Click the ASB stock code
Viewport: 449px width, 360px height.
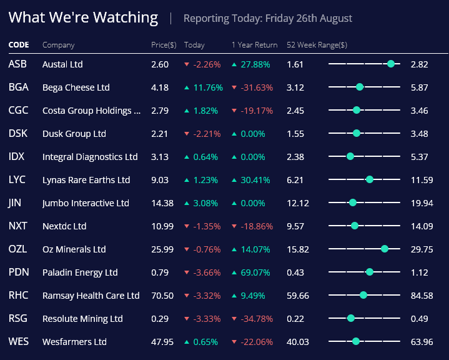click(x=17, y=64)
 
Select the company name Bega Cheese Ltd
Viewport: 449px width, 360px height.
click(x=76, y=87)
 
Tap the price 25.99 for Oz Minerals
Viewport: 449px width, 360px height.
click(x=163, y=249)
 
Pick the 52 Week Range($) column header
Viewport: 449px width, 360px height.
click(x=317, y=45)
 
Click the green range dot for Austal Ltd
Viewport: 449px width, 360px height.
click(x=391, y=64)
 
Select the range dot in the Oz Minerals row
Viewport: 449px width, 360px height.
click(x=385, y=249)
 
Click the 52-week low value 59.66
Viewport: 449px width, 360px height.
click(x=297, y=296)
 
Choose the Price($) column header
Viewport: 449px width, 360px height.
click(x=164, y=45)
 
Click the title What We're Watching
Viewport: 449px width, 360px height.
click(x=83, y=17)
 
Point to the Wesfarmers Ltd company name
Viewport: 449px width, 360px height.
click(x=74, y=342)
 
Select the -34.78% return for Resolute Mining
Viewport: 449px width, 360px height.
click(x=257, y=319)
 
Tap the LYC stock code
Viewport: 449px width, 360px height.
click(x=17, y=180)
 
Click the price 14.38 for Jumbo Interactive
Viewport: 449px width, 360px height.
click(x=163, y=203)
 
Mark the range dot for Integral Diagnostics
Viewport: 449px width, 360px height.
click(x=350, y=156)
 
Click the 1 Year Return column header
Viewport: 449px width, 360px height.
click(x=254, y=45)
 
